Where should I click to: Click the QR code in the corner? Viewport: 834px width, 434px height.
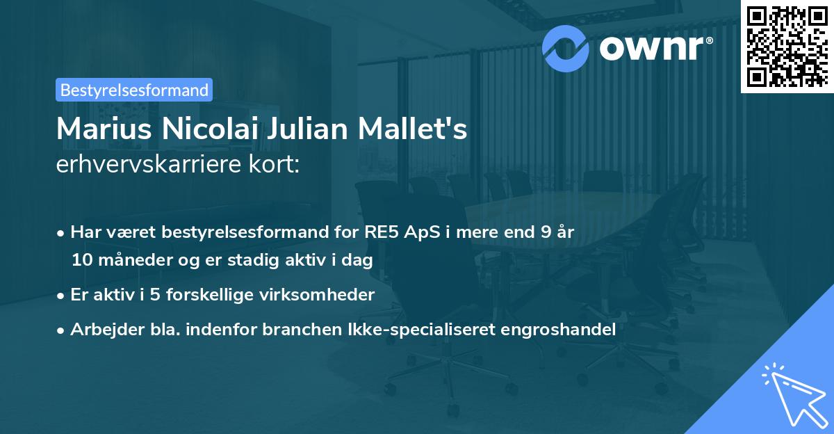click(x=786, y=47)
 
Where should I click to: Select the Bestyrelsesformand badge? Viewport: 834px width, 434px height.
click(x=134, y=90)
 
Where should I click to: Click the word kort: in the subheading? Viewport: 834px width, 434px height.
click(x=276, y=164)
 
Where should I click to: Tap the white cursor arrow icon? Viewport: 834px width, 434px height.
click(x=792, y=395)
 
